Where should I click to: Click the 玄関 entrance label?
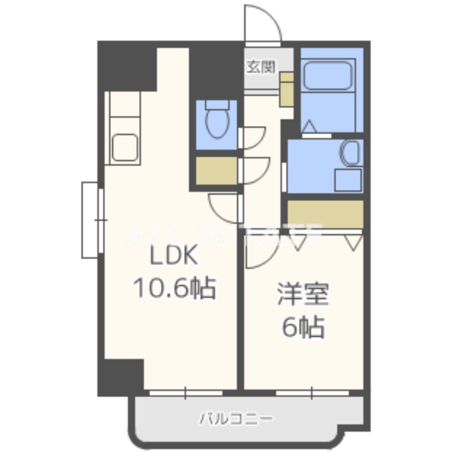pos(261,67)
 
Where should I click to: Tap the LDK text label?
pos(173,258)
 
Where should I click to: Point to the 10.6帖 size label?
pos(173,289)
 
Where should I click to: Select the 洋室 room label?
pos(303,296)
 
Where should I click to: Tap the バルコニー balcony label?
pos(236,419)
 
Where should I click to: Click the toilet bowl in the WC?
pos(217,123)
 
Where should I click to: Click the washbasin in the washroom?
pos(350,153)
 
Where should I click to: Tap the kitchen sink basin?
pos(125,147)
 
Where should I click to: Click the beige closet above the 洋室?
pos(324,214)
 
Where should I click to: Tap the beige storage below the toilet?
pos(216,169)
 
